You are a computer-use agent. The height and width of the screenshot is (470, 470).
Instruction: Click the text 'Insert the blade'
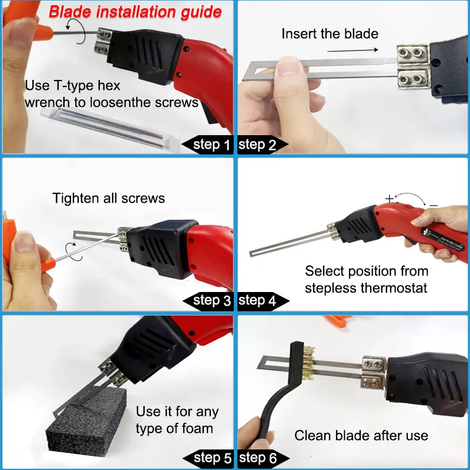click(330, 33)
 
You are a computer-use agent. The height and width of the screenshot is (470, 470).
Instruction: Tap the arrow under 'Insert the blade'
click(351, 51)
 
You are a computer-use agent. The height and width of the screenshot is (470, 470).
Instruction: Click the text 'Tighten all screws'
click(109, 198)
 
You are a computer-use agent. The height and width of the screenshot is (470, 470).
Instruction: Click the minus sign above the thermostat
click(433, 204)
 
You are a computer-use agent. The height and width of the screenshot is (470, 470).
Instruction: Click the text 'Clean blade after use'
click(361, 435)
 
